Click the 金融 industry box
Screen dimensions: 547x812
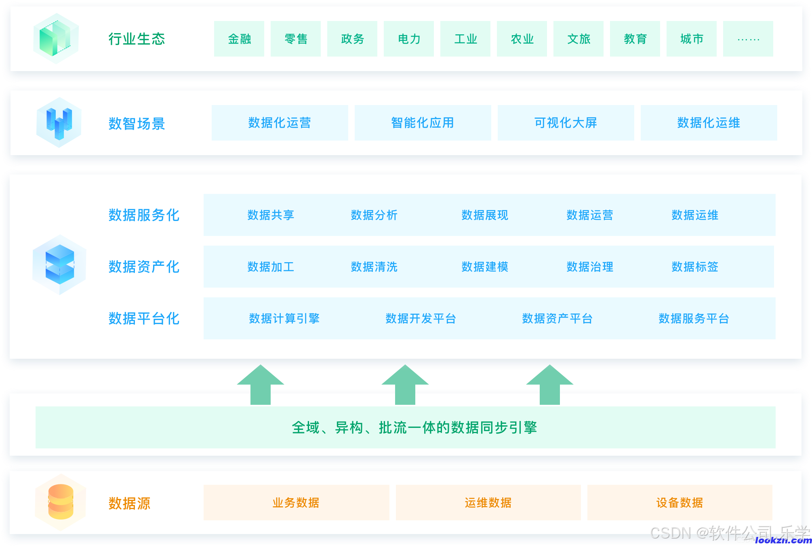(239, 39)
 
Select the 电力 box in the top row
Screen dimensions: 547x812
(409, 39)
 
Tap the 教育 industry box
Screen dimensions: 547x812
(635, 39)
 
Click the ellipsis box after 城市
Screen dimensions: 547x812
(748, 39)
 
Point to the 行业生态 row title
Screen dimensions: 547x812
(137, 39)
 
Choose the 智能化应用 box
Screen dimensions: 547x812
(423, 123)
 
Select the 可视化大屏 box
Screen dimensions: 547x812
(566, 123)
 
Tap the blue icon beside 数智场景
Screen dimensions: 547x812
(59, 123)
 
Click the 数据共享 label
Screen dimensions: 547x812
(271, 215)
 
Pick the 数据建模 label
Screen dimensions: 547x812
(485, 267)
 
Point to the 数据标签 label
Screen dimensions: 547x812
(695, 267)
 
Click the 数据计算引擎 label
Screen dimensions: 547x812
(284, 318)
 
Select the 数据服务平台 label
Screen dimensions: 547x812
(694, 318)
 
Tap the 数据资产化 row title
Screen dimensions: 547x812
(144, 267)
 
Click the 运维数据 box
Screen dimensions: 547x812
(488, 503)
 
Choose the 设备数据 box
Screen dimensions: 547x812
(679, 503)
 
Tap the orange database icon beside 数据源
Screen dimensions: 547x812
(61, 502)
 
